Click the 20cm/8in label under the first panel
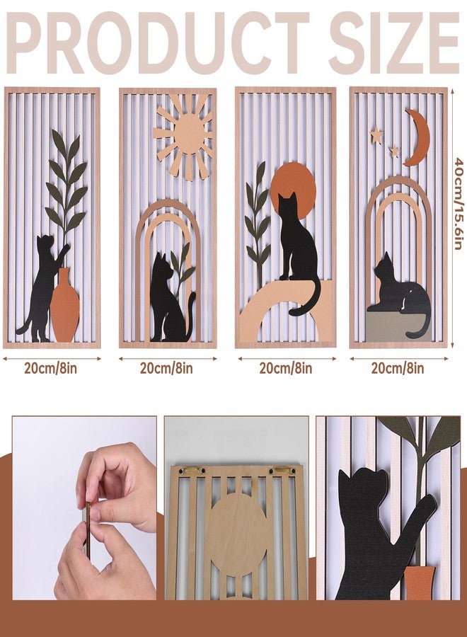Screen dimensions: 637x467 click(51, 368)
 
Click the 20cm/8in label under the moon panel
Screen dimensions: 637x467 click(398, 368)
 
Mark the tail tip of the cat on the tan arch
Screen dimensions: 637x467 click(292, 312)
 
